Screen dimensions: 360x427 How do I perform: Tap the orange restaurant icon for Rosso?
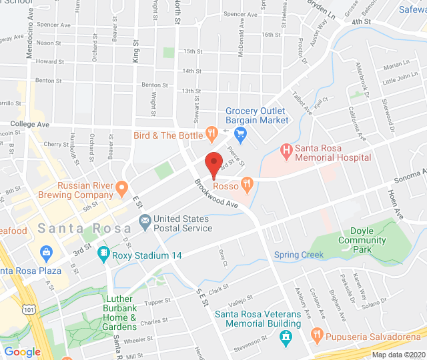pyautogui.click(x=247, y=182)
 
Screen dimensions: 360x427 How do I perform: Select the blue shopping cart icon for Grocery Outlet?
pyautogui.click(x=241, y=133)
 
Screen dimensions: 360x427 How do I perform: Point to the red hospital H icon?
pyautogui.click(x=286, y=151)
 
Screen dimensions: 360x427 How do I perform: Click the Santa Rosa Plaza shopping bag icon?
pyautogui.click(x=46, y=253)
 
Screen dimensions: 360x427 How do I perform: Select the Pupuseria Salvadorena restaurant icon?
pyautogui.click(x=317, y=333)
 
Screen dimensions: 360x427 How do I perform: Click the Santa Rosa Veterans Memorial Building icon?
pyautogui.click(x=286, y=336)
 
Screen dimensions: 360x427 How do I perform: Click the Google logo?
pyautogui.click(x=22, y=352)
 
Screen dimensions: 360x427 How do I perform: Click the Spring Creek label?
pyautogui.click(x=298, y=255)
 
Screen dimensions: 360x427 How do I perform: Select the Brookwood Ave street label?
pyautogui.click(x=216, y=193)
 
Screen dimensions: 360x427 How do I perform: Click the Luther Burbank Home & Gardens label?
pyautogui.click(x=120, y=313)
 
